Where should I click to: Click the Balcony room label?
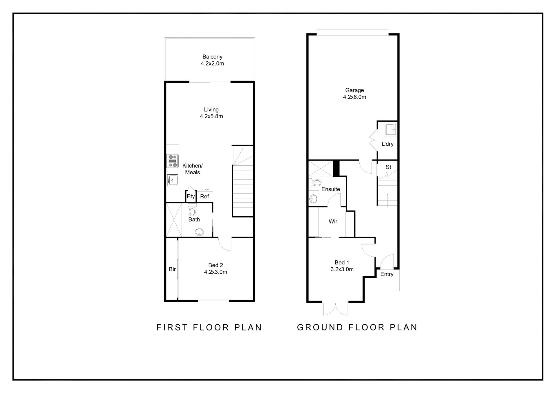pos(212,57)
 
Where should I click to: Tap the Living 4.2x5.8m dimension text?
pos(211,116)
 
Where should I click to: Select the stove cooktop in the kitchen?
pos(173,161)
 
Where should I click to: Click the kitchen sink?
pos(173,180)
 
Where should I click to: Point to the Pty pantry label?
pos(191,197)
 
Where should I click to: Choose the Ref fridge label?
pos(204,197)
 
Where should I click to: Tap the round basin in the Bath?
pos(199,232)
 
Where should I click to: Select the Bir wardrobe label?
pos(172,269)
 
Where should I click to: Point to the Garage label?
pos(354,90)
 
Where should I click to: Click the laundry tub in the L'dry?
pos(390,129)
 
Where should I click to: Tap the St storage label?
pos(388,167)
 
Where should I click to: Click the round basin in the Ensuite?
pos(313,199)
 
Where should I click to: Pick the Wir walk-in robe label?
pos(333,222)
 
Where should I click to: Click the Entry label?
pos(387,274)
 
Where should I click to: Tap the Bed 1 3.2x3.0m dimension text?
pos(342,269)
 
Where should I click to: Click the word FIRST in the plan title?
pos(172,327)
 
